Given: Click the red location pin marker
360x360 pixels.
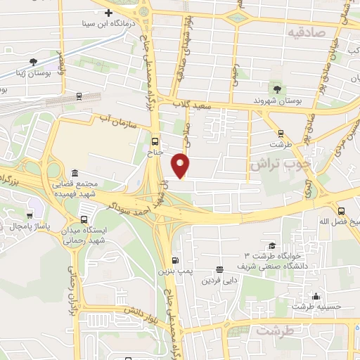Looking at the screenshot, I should tap(181, 165).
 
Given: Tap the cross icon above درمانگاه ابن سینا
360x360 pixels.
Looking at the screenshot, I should tap(108, 13).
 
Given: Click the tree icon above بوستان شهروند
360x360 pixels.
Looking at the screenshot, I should tap(277, 89).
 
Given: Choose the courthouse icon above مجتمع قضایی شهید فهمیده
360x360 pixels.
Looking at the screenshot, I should tap(75, 173).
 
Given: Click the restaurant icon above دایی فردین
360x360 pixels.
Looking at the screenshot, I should tap(220, 269).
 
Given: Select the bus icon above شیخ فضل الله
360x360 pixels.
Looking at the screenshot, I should tap(341, 210).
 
